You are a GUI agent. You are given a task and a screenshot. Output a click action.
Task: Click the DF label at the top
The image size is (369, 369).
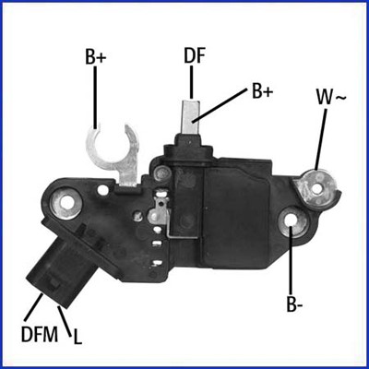194,55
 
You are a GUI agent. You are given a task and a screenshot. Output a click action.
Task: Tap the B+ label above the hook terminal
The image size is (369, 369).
96,57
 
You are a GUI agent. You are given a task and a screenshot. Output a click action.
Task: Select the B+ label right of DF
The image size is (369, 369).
262,91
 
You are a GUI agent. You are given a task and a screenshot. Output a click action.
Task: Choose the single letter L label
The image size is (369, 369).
77,337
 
